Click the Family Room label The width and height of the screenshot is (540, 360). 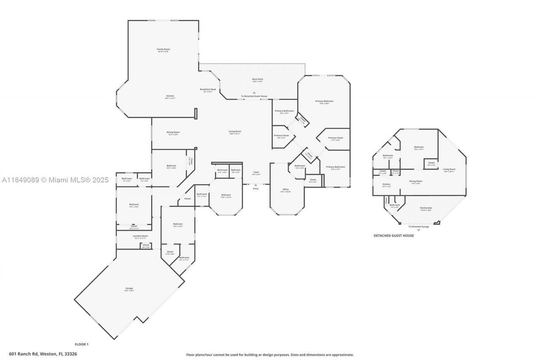pos(163,50)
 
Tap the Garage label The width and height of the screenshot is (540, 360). pos(129,289)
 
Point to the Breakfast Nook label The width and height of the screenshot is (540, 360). pos(208,89)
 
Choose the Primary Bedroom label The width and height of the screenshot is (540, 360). pos(324,101)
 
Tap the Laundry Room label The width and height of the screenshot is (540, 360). pos(140,236)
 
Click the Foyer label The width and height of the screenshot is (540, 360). pos(256,172)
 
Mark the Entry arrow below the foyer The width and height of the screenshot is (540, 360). pos(256,185)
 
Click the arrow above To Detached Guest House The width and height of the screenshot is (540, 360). pos(254,92)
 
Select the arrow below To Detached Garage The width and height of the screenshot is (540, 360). pos(418,230)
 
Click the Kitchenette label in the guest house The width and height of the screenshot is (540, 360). pos(426,208)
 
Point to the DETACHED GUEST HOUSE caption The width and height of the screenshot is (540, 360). pos(394,235)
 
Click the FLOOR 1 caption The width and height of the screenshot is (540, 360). pos(81,344)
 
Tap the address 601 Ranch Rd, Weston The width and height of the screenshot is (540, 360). pos(43,354)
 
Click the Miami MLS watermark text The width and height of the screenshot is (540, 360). pos(55,180)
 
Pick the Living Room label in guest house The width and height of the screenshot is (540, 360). pos(449,169)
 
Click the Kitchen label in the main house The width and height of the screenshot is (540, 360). pos(170,96)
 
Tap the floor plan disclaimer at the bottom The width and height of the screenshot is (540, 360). pos(270,355)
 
